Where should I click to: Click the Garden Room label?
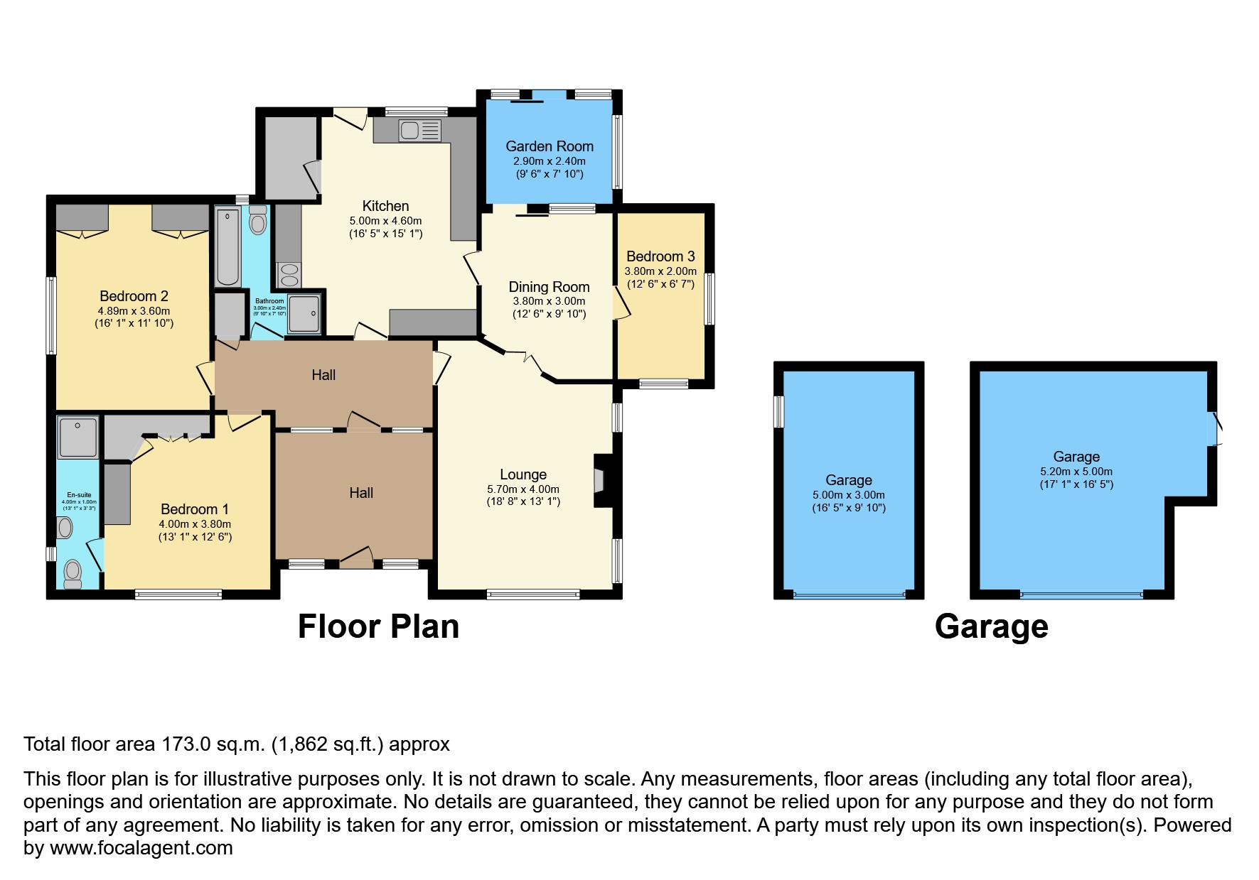[549, 146]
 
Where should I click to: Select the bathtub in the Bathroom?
[227, 246]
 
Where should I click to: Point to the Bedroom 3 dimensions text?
[660, 278]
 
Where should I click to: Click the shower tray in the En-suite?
[78, 437]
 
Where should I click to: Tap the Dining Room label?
[549, 287]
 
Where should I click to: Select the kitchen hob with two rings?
[289, 275]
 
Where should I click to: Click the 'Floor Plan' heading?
[378, 626]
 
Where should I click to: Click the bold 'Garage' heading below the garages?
[991, 626]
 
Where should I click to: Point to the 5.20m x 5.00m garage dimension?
[1076, 472]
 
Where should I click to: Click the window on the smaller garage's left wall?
[779, 412]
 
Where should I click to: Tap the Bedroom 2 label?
[134, 296]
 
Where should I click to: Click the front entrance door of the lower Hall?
[356, 559]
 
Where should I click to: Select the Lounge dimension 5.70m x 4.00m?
[523, 489]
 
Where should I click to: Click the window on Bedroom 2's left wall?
[51, 315]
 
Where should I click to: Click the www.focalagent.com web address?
[141, 848]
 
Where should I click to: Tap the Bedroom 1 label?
[195, 509]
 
